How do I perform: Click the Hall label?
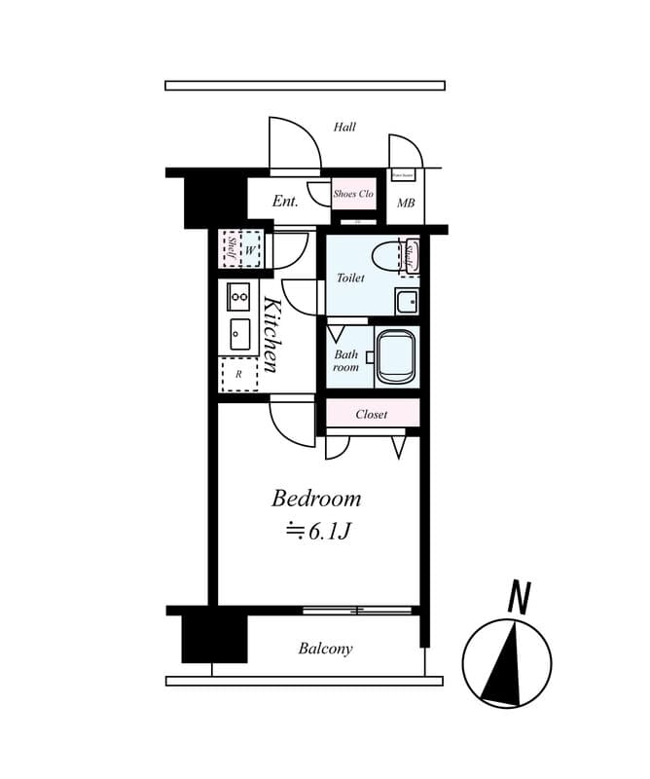coord(344,127)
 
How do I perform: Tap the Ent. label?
coord(285,202)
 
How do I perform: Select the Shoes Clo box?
coord(353,194)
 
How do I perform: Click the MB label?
coord(406,204)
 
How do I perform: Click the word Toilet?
coord(350,278)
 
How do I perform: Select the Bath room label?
coord(345,360)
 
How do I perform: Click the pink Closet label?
coord(372,414)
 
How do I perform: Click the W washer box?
coord(249,250)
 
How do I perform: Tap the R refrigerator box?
coord(239,374)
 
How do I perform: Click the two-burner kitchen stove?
coord(239,296)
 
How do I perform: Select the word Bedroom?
coord(316,499)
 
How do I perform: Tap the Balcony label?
coord(326,649)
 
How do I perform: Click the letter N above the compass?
coord(519,598)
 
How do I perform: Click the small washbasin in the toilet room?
coord(406,300)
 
